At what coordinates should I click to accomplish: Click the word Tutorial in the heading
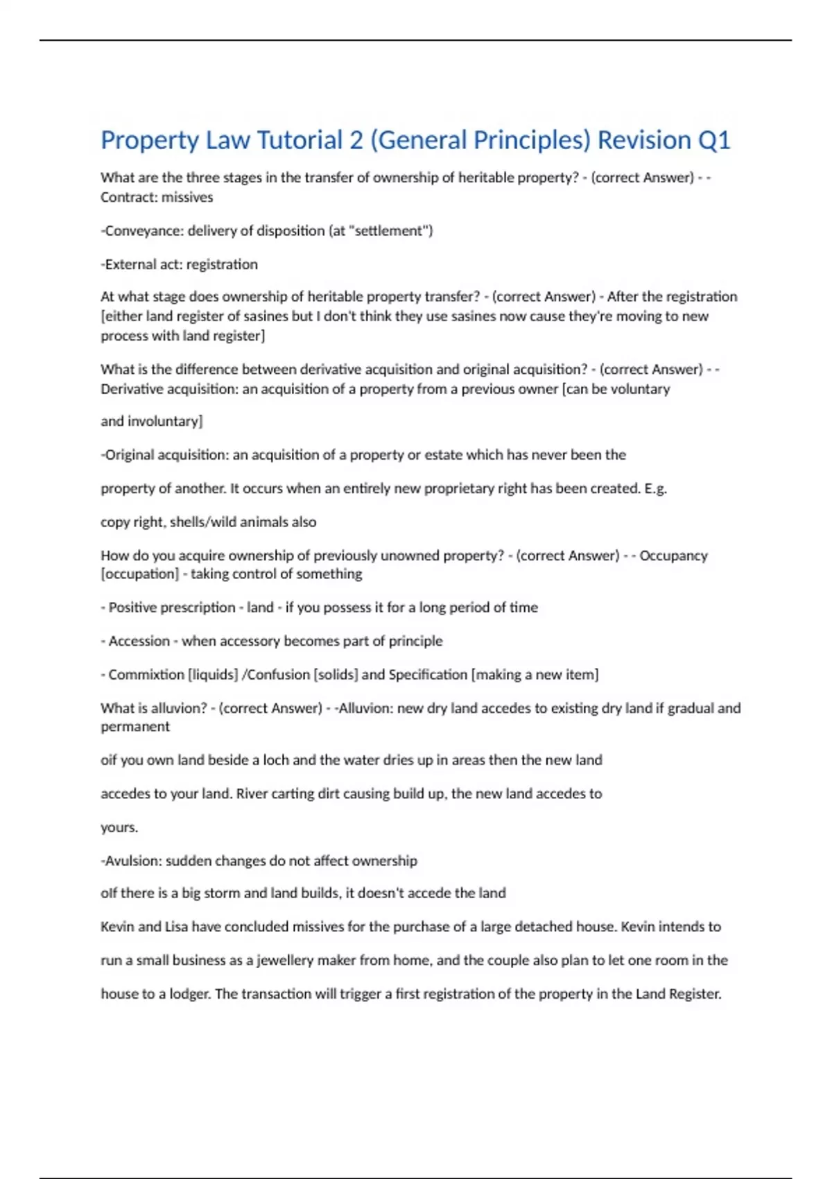[x=300, y=140]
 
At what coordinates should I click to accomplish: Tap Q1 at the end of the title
[x=713, y=140]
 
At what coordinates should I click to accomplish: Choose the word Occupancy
[x=673, y=556]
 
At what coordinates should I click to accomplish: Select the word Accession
[x=139, y=641]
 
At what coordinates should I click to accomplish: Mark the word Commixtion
[x=146, y=675]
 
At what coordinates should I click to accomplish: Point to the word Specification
[x=428, y=675]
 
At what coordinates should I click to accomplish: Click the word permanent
[x=135, y=727]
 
